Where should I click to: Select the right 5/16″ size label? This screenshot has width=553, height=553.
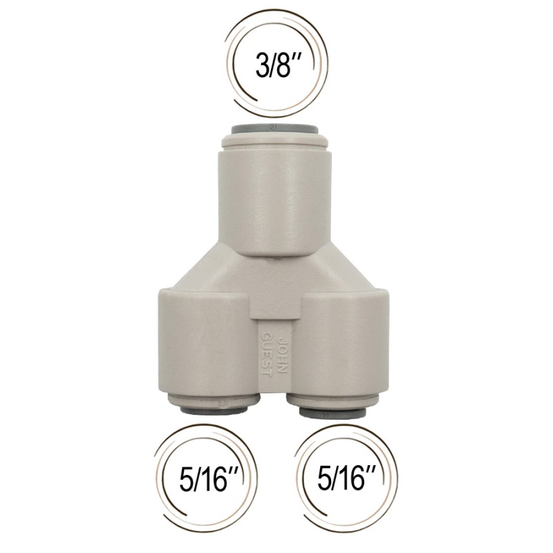coord(346,479)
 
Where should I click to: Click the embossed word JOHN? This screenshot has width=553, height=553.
coord(283,355)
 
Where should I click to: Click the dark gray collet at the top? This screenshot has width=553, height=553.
coord(275,129)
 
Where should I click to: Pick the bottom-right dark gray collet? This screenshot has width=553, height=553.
coord(332,411)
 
